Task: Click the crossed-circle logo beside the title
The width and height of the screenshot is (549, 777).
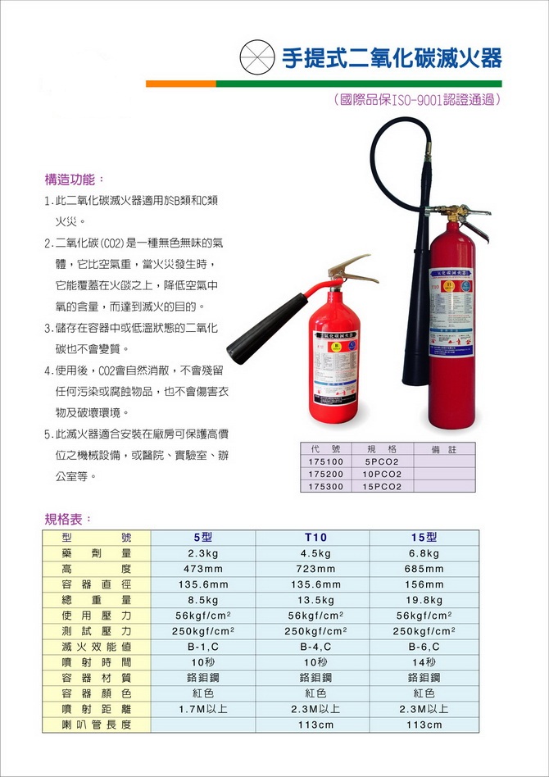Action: pos(256,58)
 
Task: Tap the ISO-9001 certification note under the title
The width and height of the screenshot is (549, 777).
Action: pos(417,100)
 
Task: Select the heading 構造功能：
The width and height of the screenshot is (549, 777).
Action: pos(75,179)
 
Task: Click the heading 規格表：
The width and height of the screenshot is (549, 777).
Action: pos(69,518)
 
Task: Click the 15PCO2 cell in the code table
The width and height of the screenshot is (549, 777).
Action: pos(382,487)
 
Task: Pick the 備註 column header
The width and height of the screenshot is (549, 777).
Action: pos(447,450)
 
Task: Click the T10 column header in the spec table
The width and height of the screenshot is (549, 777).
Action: pos(315,538)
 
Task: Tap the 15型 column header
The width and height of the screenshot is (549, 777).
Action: pos(424,538)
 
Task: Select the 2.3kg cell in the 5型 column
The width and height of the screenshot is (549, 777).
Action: pos(202,553)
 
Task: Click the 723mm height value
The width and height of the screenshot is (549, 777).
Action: pos(315,569)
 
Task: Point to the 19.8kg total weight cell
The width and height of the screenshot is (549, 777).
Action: pos(424,600)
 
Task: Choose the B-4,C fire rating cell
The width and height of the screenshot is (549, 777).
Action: pos(315,647)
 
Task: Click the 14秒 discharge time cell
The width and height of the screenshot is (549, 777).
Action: pos(424,662)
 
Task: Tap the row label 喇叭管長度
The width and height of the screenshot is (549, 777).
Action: pos(97,725)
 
